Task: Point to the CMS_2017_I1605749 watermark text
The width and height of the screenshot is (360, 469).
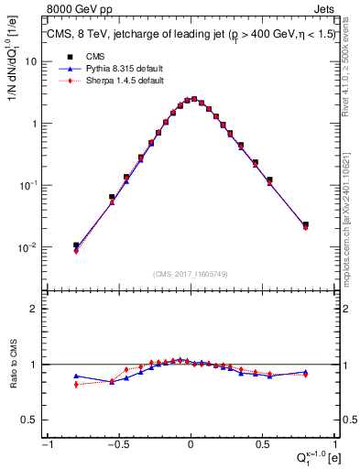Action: pos(191,274)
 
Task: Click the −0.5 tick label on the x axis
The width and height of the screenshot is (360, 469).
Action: pos(116,444)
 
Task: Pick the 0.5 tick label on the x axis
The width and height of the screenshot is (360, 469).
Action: pos(264,444)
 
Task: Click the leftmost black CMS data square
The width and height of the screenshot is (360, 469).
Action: pos(76,245)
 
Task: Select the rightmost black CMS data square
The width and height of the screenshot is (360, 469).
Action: pos(305,224)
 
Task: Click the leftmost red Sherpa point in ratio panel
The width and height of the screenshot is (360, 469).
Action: pos(76,385)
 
